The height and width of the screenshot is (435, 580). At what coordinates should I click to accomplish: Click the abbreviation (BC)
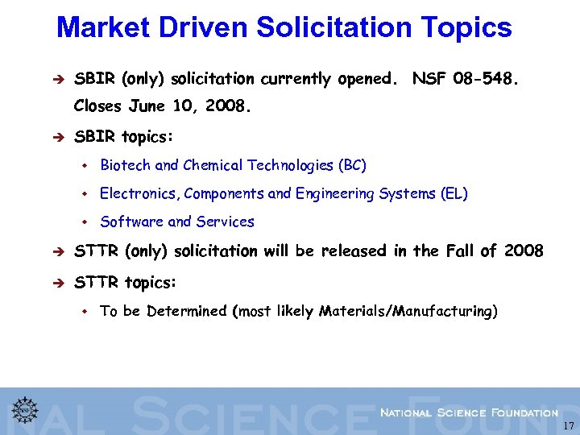click(x=352, y=166)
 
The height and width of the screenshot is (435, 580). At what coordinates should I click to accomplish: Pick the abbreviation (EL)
click(x=454, y=194)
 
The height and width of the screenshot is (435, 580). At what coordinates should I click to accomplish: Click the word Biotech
click(x=125, y=166)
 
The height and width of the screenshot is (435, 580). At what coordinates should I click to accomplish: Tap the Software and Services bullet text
click(x=176, y=222)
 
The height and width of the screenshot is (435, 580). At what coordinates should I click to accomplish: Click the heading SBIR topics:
click(x=123, y=137)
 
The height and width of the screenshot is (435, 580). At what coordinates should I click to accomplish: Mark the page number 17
click(x=568, y=426)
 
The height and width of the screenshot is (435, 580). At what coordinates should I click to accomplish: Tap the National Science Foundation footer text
click(x=469, y=412)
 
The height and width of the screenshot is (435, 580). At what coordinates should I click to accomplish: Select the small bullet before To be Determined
click(x=84, y=311)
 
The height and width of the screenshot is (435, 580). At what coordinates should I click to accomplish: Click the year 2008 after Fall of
click(x=524, y=251)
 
